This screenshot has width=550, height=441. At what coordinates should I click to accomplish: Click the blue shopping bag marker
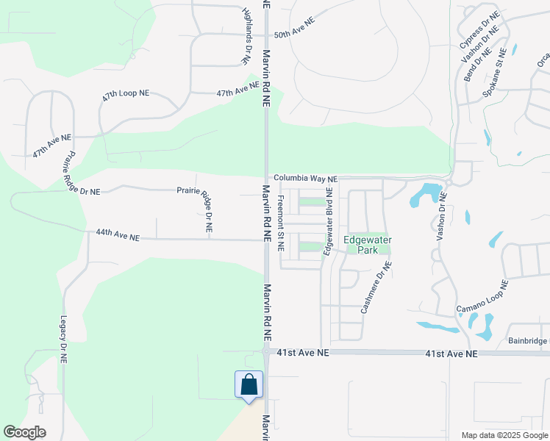249,385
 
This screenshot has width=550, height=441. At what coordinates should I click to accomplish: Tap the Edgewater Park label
368,245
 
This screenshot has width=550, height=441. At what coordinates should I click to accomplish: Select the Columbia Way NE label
306,179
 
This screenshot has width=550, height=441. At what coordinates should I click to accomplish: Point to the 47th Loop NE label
126,101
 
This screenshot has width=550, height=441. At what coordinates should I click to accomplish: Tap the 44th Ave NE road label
118,236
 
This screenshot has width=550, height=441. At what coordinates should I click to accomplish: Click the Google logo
24,432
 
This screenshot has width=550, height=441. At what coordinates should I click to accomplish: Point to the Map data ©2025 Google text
504,435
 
